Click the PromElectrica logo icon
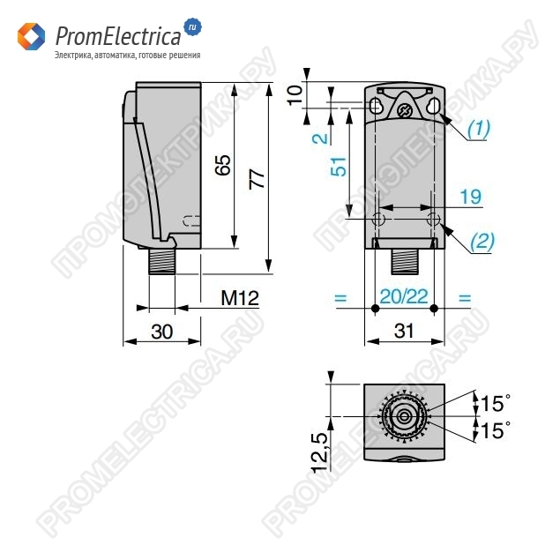31,37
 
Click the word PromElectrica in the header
118,35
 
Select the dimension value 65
223,165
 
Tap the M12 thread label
239,299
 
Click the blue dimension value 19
470,196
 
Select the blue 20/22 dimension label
404,298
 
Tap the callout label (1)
477,129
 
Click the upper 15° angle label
494,404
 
